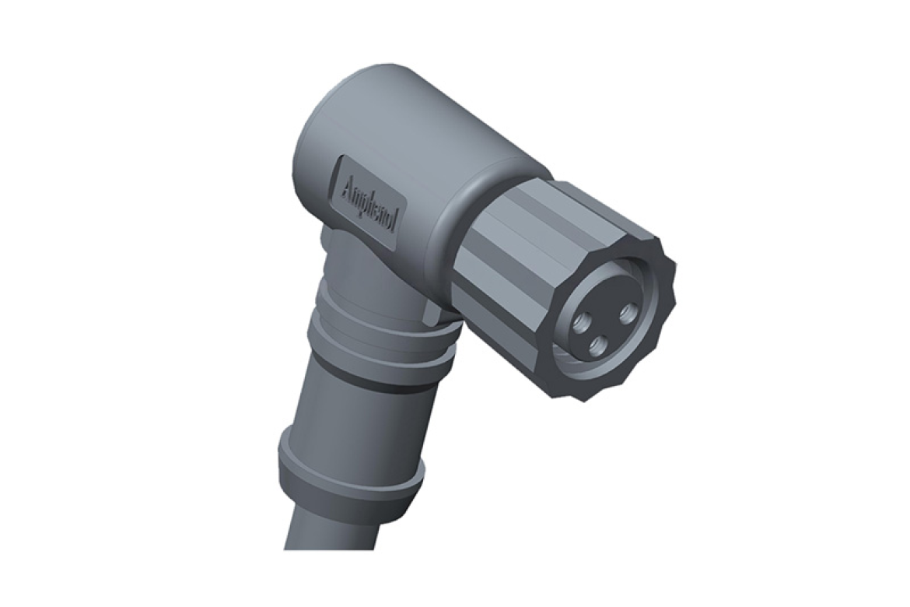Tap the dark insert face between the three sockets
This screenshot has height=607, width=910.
click(603, 325)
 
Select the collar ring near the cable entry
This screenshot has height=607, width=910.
click(350, 471)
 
